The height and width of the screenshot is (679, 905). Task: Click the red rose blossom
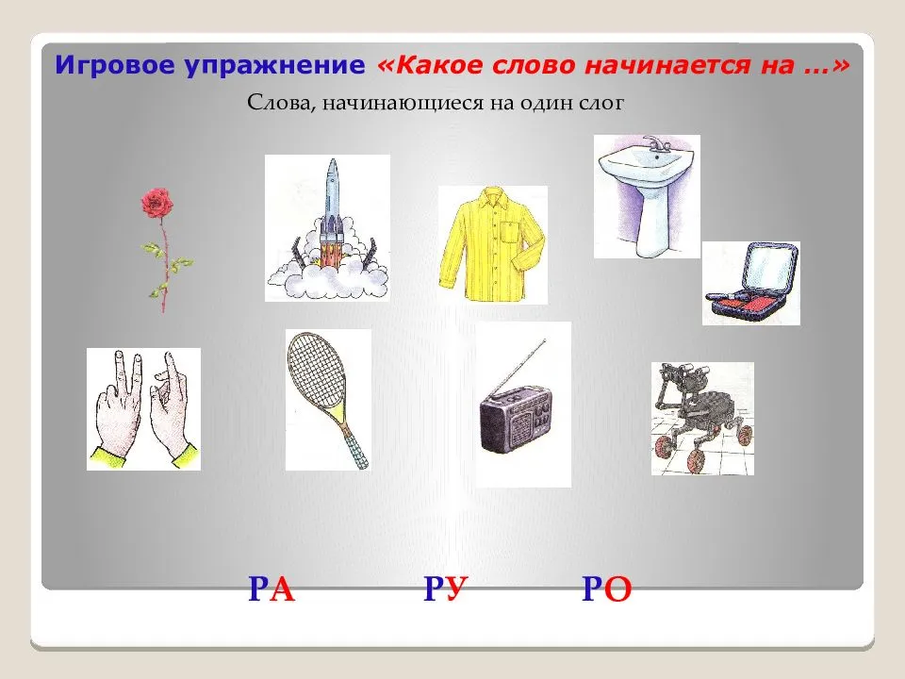pos(156,203)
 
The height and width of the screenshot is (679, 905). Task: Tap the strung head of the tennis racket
pos(316,370)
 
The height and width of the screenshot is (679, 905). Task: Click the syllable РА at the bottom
pos(271,589)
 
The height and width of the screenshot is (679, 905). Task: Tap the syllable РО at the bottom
pos(606,589)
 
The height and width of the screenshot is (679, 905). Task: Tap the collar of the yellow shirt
pos(492,198)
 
